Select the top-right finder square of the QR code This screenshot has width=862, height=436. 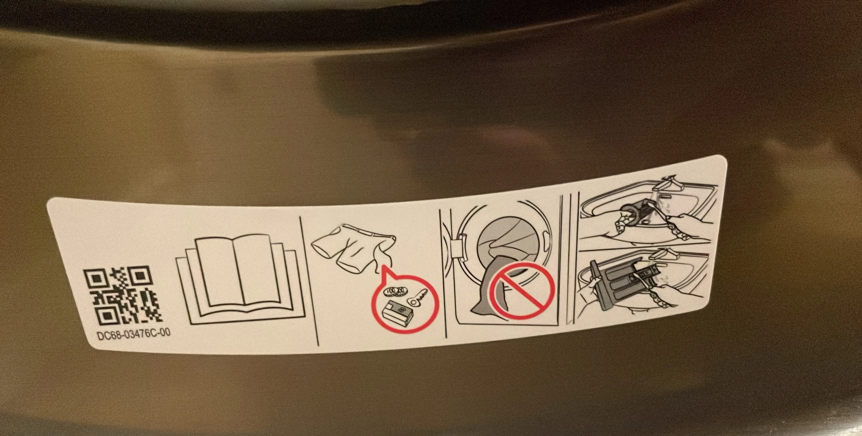(142, 275)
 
